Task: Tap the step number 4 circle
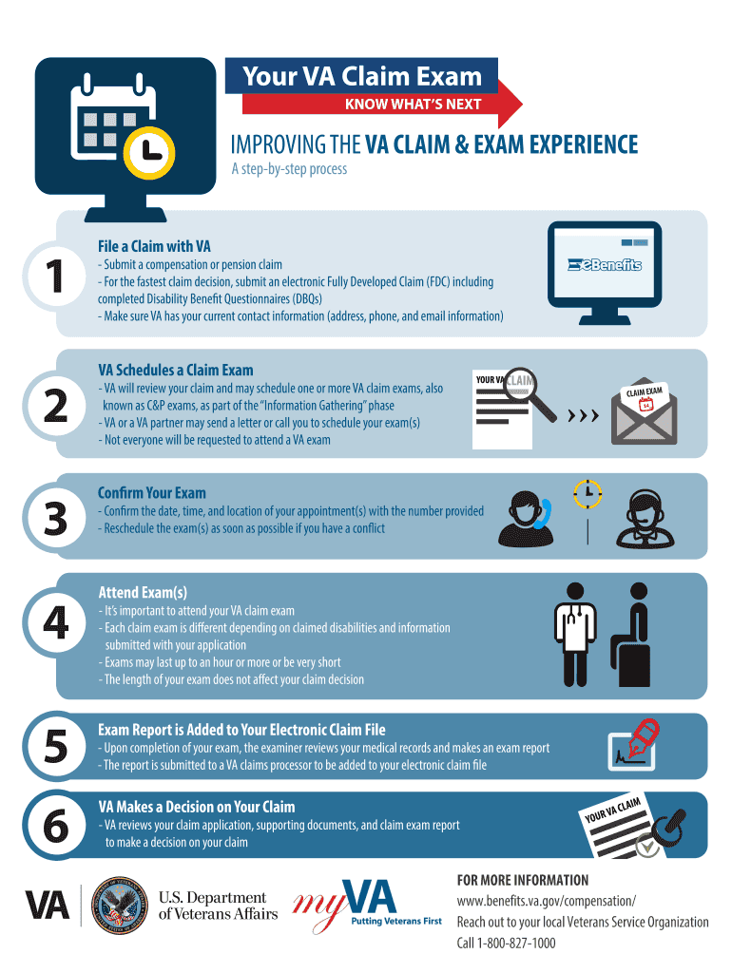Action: pyautogui.click(x=55, y=624)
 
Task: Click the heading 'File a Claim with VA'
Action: pyautogui.click(x=154, y=247)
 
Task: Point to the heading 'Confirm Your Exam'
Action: pyautogui.click(x=151, y=492)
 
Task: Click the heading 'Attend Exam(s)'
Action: pyautogui.click(x=143, y=591)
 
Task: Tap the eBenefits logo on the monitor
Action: pyautogui.click(x=605, y=265)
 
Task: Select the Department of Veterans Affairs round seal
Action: pyautogui.click(x=121, y=905)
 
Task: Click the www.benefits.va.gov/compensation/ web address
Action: pyautogui.click(x=547, y=901)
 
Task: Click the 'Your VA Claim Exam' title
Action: pyautogui.click(x=362, y=77)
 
